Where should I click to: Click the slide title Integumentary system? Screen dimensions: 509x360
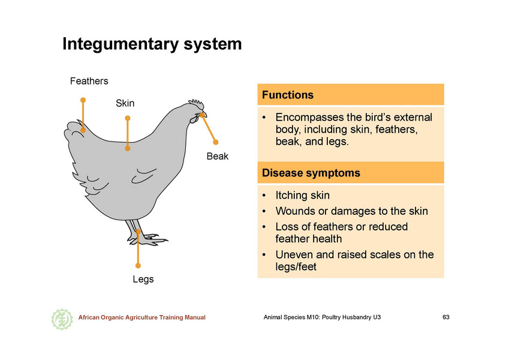tap(152, 44)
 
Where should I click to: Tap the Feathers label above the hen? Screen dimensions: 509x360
tap(89, 81)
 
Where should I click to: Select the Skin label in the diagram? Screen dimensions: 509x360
tap(125, 103)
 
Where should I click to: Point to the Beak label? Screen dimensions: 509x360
tap(218, 156)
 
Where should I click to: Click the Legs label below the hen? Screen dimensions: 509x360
tap(143, 279)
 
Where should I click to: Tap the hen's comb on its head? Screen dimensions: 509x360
tap(197, 104)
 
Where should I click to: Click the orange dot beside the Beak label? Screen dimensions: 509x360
tap(216, 142)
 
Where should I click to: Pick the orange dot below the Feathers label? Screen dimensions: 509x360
tap(83, 100)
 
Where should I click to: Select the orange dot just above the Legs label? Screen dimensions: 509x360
tap(138, 265)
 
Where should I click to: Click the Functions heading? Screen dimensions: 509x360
tap(288, 95)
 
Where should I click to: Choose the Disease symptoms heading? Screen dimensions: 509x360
tap(311, 173)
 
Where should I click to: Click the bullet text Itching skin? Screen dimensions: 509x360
tap(303, 195)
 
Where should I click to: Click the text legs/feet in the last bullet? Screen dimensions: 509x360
tap(296, 267)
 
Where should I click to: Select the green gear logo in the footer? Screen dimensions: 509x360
tap(62, 319)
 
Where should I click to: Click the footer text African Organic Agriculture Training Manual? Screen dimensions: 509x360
tap(142, 317)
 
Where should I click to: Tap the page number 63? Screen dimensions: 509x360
tap(446, 317)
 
